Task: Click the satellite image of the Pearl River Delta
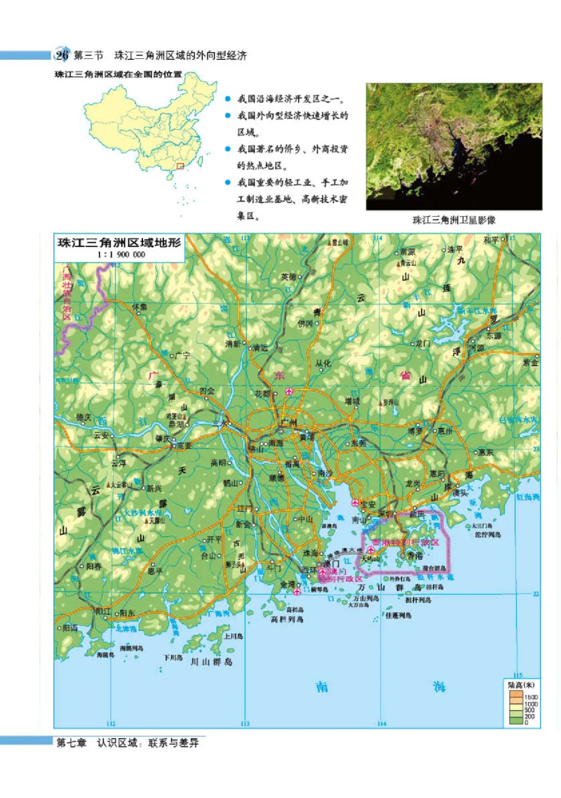tap(454, 147)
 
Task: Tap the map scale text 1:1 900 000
tap(121, 255)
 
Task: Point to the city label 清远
tap(260, 347)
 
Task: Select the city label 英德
tap(289, 277)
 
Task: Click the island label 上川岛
tap(233, 636)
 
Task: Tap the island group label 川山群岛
tap(207, 661)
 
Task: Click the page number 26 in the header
tap(62, 55)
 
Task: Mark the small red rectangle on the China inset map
tap(180, 166)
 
